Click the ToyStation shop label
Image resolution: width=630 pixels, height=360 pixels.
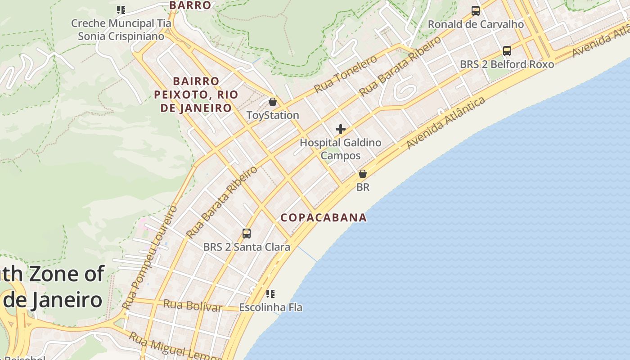click(x=273, y=115)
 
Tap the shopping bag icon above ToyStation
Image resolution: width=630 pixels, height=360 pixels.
click(x=272, y=102)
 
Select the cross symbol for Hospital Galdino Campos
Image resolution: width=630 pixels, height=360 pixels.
click(x=341, y=130)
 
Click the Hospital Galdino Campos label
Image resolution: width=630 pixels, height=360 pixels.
click(x=340, y=149)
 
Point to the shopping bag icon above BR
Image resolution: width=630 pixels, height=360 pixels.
click(x=362, y=174)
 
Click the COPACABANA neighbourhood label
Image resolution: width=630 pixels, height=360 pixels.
click(x=324, y=218)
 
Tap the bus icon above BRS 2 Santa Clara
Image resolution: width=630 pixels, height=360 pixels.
click(x=246, y=233)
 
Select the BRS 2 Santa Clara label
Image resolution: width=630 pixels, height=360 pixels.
click(x=247, y=247)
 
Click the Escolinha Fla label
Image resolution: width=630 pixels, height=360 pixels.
click(x=270, y=307)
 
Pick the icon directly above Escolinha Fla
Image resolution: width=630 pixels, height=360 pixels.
click(x=270, y=294)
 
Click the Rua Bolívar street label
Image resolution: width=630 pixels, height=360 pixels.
click(x=193, y=306)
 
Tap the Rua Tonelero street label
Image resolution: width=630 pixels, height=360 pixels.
click(x=345, y=75)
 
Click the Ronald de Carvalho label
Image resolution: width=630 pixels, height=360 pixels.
click(x=476, y=24)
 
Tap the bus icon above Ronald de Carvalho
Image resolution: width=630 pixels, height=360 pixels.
click(x=476, y=11)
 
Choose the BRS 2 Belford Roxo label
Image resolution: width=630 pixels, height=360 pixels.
click(x=507, y=64)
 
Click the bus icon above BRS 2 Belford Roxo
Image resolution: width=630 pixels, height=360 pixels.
click(x=507, y=51)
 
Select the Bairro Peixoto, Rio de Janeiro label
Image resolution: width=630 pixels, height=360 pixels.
click(x=196, y=94)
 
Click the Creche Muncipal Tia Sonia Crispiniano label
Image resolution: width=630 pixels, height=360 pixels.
click(x=121, y=30)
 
